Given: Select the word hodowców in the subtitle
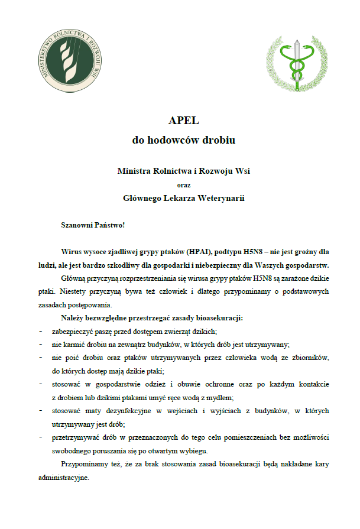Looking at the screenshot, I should pyautogui.click(x=176, y=141).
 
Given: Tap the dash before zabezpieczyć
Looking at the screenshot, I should pyautogui.click(x=40, y=331).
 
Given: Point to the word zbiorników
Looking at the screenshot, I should pyautogui.click(x=308, y=358).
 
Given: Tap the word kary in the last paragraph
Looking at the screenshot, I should pyautogui.click(x=319, y=464).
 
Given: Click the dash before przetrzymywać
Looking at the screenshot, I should pyautogui.click(x=40, y=437).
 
